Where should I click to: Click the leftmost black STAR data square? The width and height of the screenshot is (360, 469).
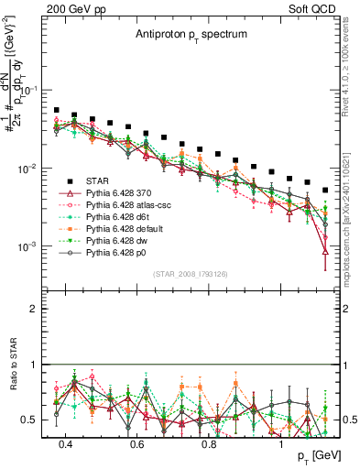[x=57, y=110]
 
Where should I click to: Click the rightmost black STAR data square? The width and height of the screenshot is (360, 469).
[x=325, y=191]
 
